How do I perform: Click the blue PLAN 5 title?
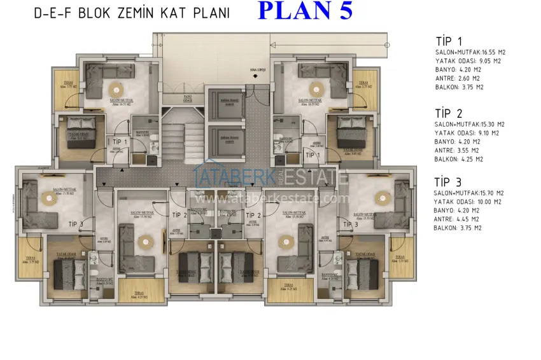pos(305,12)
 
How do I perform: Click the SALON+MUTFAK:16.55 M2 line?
pos(470,53)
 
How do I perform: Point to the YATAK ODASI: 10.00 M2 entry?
pos(468,202)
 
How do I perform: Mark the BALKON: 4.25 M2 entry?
pos(458,159)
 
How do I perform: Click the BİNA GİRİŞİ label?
pos(255,71)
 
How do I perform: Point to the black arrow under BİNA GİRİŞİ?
pos(255,78)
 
